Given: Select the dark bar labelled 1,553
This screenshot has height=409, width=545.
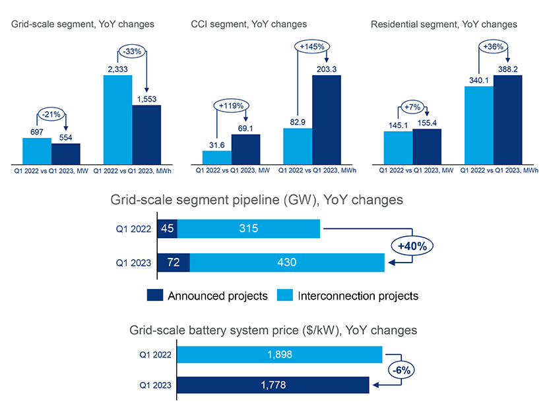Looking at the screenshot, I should [146, 134].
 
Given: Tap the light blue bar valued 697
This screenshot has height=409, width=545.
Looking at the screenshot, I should [37, 150].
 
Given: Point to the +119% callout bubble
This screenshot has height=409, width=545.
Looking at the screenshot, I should [229, 105].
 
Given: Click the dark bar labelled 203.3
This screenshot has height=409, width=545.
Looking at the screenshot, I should [327, 119].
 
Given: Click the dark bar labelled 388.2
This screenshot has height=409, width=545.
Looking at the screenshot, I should [507, 119].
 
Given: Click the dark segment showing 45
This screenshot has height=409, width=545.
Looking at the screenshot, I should [168, 229].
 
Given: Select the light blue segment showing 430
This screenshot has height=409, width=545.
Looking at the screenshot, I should [287, 262].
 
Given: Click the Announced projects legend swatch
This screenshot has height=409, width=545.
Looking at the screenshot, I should [154, 296].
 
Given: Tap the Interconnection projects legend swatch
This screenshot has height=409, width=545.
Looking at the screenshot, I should [284, 296].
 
